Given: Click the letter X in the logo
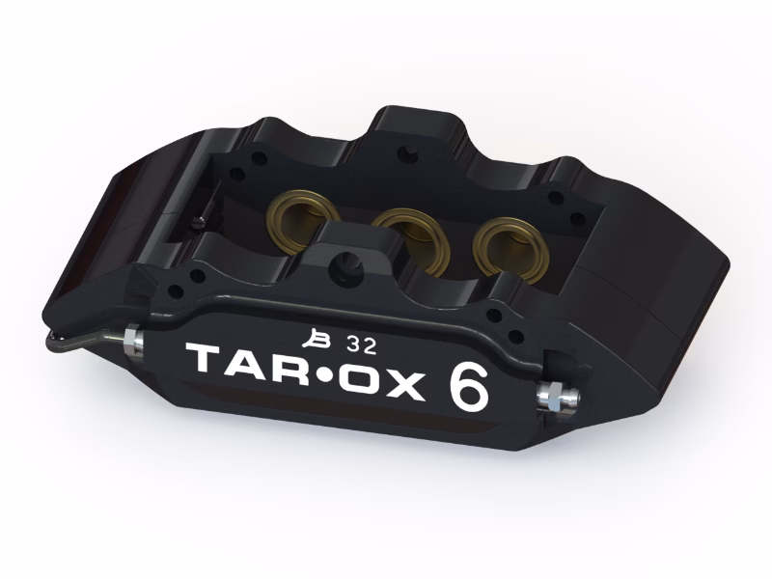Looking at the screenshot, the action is tap(404, 387).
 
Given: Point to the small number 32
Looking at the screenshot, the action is tap(361, 346).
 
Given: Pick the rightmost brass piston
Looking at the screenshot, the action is tap(510, 249).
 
